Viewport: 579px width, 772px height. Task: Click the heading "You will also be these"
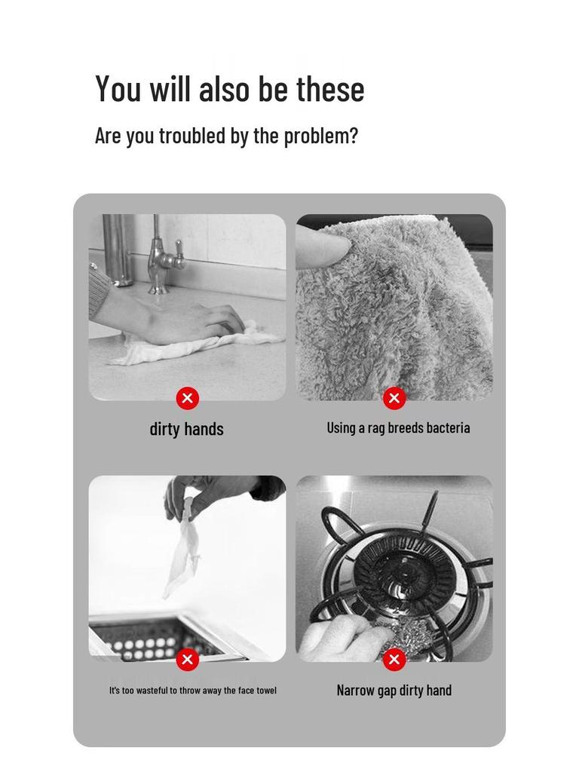[x=229, y=89]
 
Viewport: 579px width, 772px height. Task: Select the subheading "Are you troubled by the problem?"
[x=226, y=136]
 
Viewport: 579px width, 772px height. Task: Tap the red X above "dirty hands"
[x=187, y=398]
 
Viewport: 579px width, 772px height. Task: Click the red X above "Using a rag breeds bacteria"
[x=394, y=398]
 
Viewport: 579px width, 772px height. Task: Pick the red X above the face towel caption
[x=187, y=660]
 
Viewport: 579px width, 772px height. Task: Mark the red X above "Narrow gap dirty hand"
[x=394, y=660]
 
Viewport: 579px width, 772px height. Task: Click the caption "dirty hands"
[x=186, y=429]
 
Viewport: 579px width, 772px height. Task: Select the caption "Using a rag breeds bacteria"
[x=398, y=427]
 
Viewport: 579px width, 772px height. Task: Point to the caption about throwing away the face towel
[x=192, y=691]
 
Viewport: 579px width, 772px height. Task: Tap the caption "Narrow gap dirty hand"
[x=394, y=690]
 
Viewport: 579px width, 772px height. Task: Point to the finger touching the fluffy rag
[x=320, y=247]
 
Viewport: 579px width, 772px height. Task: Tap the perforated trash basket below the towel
[x=151, y=641]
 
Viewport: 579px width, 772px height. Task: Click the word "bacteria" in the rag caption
[x=448, y=427]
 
